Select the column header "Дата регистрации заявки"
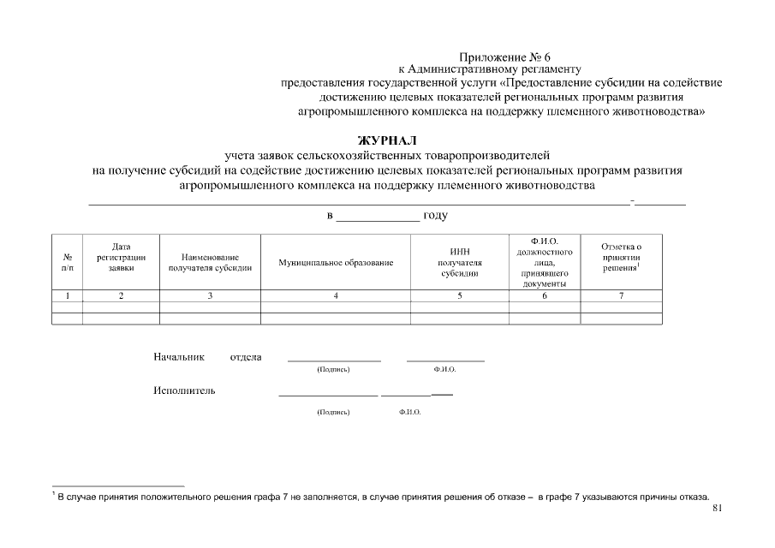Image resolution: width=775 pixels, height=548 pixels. [121, 257]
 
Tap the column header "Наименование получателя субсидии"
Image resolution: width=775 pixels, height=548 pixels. [210, 262]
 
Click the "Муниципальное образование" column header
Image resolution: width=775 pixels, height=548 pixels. [336, 262]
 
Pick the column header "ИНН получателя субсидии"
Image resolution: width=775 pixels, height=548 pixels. [459, 262]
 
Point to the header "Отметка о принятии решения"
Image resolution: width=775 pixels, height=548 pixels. [621, 257]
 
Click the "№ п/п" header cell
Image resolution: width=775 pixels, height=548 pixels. [68, 262]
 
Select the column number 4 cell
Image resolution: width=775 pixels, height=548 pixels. [336, 295]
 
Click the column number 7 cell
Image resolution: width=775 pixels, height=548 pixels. [621, 295]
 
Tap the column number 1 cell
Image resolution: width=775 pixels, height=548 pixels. [68, 295]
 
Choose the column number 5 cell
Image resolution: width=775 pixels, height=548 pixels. [459, 295]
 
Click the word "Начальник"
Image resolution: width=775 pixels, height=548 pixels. [180, 357]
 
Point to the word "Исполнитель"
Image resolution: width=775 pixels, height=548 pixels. [184, 391]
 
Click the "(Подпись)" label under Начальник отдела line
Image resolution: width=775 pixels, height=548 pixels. [333, 370]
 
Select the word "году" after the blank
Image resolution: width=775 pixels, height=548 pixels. [435, 215]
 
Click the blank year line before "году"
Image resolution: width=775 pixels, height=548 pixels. [378, 219]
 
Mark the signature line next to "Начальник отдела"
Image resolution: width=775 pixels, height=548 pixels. [333, 360]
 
